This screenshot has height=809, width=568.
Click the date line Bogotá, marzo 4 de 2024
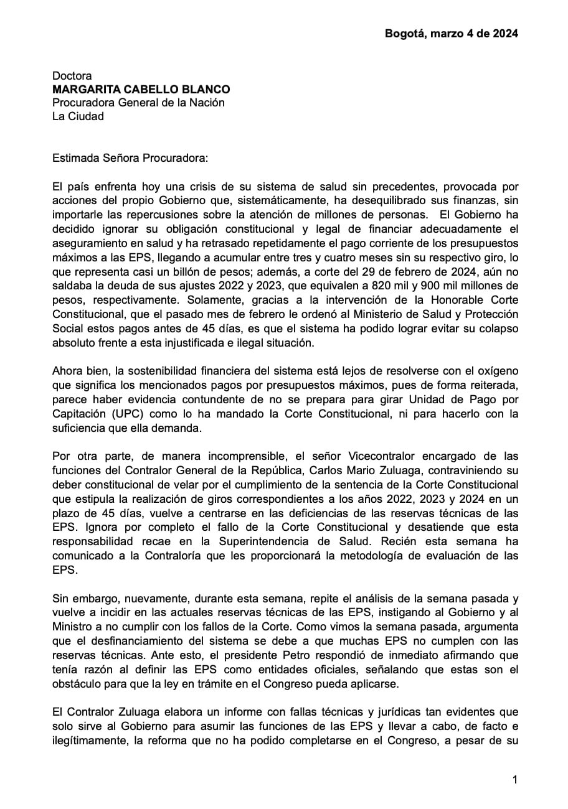coord(451,34)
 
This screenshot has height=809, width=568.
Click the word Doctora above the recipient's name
coord(72,76)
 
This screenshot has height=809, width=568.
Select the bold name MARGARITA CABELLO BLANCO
coord(141,90)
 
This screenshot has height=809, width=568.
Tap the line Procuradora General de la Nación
coord(138,103)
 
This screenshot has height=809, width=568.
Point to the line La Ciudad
coord(78,116)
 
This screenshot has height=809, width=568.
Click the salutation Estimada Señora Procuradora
coord(130,158)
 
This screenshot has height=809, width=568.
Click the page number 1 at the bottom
coord(514,779)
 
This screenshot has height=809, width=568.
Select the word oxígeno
coord(495,373)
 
